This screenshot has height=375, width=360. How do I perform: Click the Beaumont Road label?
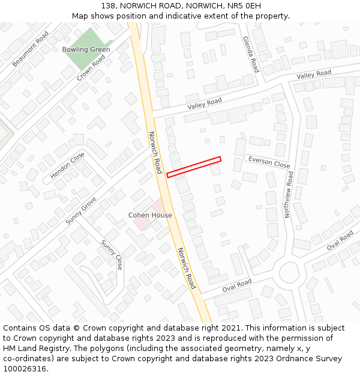(31, 49)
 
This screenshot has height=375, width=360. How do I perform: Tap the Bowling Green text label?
(86, 49)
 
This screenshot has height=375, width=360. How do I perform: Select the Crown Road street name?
(91, 68)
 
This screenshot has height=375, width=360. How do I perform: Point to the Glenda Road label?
(251, 54)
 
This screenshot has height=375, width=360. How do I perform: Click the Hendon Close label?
(67, 166)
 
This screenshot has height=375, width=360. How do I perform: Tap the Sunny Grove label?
(81, 206)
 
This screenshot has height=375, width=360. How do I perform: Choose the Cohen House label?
(150, 215)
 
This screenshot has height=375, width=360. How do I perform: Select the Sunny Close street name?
(112, 255)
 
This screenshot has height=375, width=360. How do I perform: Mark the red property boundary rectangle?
(194, 167)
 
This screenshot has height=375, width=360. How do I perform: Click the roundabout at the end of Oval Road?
(290, 274)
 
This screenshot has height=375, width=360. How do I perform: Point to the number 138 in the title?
(109, 5)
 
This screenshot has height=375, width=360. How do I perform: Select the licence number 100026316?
(25, 369)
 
